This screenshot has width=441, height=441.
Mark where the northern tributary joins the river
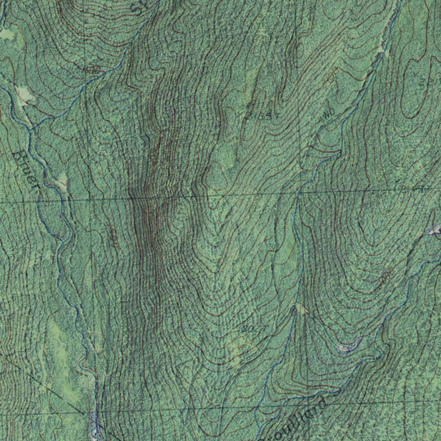point(31,128)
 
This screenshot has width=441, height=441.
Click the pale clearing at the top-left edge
point(7,34)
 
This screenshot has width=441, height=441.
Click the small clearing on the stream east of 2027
point(300,308)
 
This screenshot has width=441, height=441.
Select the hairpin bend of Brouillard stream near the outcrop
point(378,356)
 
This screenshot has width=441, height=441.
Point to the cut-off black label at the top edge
point(139,6)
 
